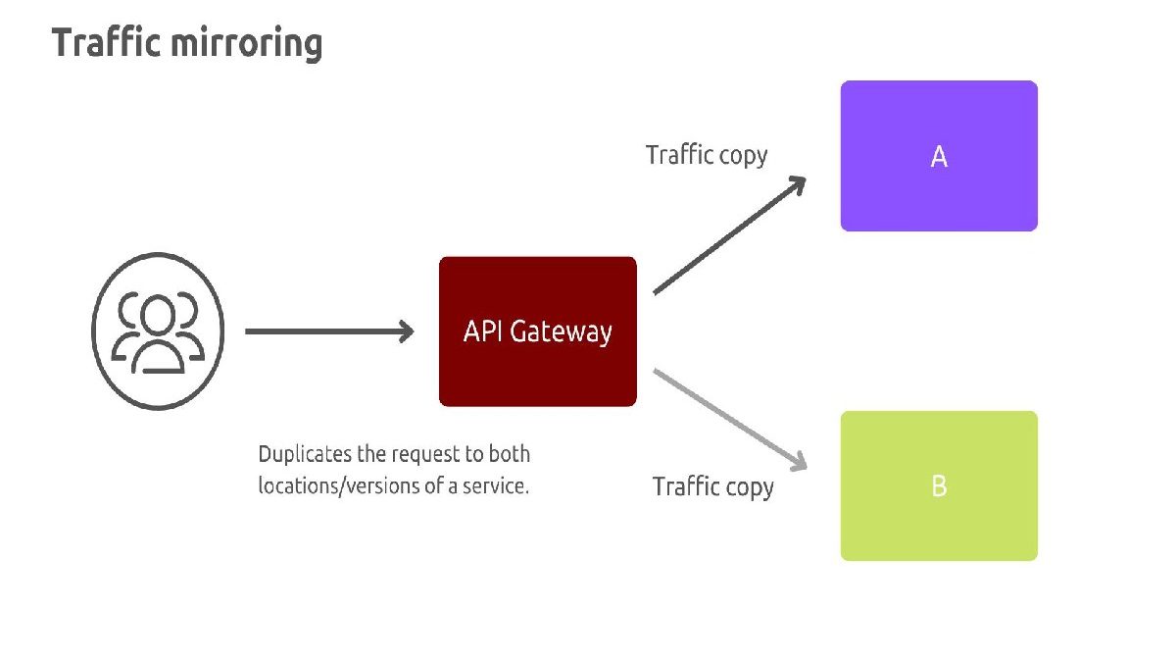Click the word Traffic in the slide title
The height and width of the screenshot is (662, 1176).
pyautogui.click(x=107, y=44)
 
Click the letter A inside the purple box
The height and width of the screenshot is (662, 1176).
pyautogui.click(x=938, y=157)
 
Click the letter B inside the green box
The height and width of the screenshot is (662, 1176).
pyautogui.click(x=938, y=486)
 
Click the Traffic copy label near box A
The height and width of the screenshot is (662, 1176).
pyautogui.click(x=706, y=155)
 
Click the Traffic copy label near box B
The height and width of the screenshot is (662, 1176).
pyautogui.click(x=712, y=486)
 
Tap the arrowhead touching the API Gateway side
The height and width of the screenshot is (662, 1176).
pyautogui.click(x=405, y=331)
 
